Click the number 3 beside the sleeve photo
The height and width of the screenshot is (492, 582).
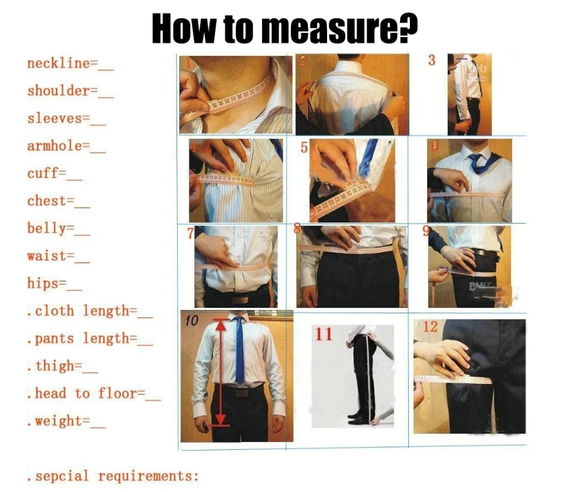pos(432,60)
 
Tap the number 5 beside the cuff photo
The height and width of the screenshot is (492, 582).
pos(304,149)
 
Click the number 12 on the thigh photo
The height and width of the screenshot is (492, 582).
pos(430,327)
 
